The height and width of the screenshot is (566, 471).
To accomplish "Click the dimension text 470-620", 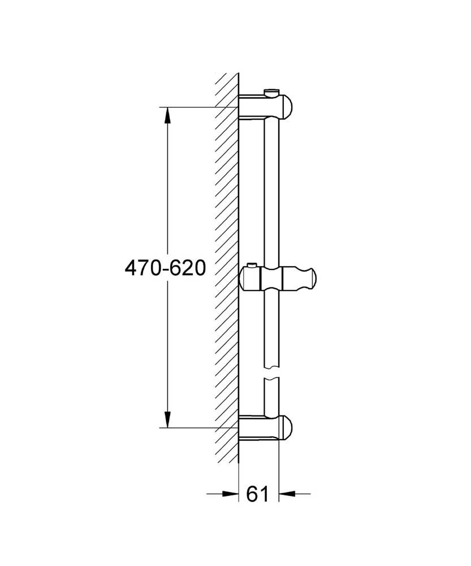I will (x=165, y=268).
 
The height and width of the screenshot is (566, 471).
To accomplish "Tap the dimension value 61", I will (x=257, y=494).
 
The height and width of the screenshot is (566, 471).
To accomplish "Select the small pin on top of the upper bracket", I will (x=271, y=91).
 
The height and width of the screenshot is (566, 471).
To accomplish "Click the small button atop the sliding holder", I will (x=251, y=265).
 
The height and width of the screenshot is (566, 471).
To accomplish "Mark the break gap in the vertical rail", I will (x=271, y=370).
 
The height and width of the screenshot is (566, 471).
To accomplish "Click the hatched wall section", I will (x=226, y=255).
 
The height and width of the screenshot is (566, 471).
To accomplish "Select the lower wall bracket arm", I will (x=257, y=428).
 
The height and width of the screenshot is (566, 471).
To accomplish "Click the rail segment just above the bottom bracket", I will (x=271, y=399).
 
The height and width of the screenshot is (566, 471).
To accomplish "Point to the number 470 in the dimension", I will (x=142, y=268).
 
